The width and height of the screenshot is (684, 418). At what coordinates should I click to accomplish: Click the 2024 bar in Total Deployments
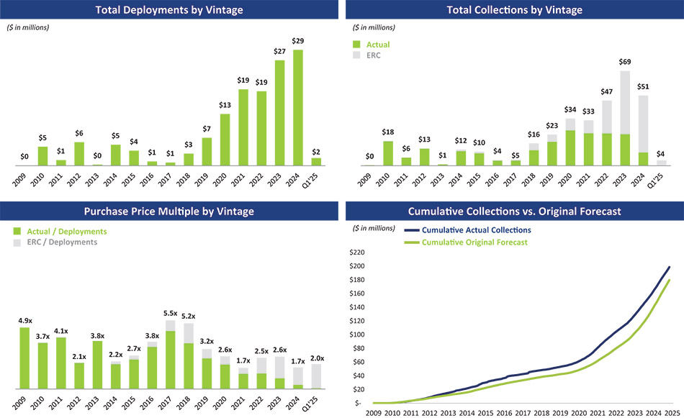[298, 107]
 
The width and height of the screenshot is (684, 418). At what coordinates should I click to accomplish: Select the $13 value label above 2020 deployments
[225, 105]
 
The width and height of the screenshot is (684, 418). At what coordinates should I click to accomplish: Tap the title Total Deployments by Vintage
[169, 10]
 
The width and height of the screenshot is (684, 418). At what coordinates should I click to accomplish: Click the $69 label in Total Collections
[625, 63]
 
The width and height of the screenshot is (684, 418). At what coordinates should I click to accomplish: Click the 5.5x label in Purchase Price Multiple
[170, 313]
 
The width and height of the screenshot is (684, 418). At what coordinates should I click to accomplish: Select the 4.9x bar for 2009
[24, 358]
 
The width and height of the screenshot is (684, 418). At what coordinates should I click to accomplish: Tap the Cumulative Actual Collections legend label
[476, 230]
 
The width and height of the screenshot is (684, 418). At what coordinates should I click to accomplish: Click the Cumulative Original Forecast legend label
[474, 242]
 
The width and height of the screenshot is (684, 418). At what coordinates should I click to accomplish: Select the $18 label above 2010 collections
[389, 132]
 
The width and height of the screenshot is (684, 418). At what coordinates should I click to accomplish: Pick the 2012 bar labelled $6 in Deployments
[79, 154]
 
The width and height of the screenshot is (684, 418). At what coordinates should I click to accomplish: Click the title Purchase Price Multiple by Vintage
[169, 212]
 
